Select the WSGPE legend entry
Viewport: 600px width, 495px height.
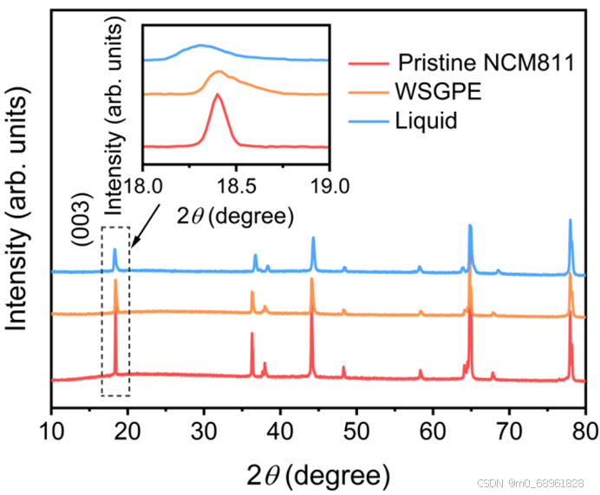[x=429, y=91]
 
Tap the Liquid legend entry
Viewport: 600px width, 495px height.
[x=426, y=120]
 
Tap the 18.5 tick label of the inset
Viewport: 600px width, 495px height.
[x=237, y=185]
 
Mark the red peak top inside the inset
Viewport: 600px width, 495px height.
[x=217, y=95]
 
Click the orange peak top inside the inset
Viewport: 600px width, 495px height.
[x=218, y=72]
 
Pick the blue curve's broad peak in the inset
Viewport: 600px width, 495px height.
[x=201, y=45]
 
